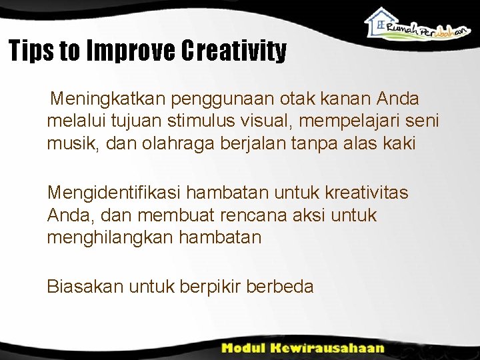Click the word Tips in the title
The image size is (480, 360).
click(x=31, y=51)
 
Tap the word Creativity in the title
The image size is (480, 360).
click(x=233, y=51)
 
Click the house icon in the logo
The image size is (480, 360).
click(x=381, y=21)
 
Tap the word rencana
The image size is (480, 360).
click(x=249, y=215)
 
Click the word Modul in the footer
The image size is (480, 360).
click(x=247, y=347)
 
